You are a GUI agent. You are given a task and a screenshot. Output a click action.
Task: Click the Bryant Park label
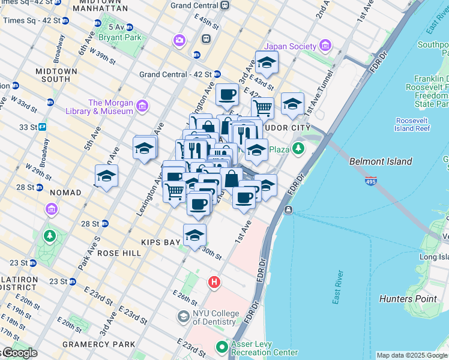[x=125, y=37]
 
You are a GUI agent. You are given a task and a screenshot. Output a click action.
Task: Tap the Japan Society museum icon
[x=325, y=46]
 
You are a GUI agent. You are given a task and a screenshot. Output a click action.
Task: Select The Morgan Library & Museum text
[x=110, y=107]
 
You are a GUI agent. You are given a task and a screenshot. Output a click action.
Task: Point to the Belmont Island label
[x=381, y=161]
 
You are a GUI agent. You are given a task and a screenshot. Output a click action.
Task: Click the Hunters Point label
[x=408, y=299]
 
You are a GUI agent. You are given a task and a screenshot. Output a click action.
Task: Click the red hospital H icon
[x=214, y=281]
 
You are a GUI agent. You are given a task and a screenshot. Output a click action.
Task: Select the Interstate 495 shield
[x=372, y=180]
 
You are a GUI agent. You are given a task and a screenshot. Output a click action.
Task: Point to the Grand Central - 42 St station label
[x=175, y=74]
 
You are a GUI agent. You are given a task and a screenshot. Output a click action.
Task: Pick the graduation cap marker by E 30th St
[x=194, y=235]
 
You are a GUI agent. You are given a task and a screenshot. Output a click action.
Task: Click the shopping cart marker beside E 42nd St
[x=262, y=108]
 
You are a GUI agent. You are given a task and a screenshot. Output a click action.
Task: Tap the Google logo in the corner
[x=19, y=353]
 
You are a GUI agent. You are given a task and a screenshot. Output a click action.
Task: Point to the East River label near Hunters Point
[x=339, y=288]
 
